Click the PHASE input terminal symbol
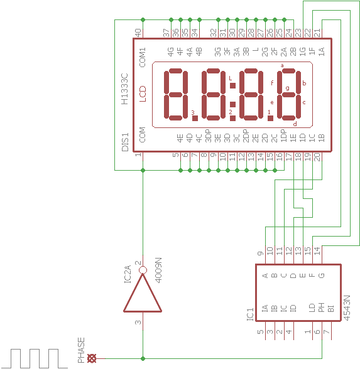tap(92, 358)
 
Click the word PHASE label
tap(81, 350)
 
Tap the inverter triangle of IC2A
tap(143, 293)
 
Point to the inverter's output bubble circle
tap(143, 270)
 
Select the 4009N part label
tap(158, 270)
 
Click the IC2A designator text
tap(127, 274)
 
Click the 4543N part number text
tap(347, 307)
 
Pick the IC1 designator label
tap(250, 314)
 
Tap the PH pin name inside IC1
tap(322, 307)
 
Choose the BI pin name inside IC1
tap(330, 309)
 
